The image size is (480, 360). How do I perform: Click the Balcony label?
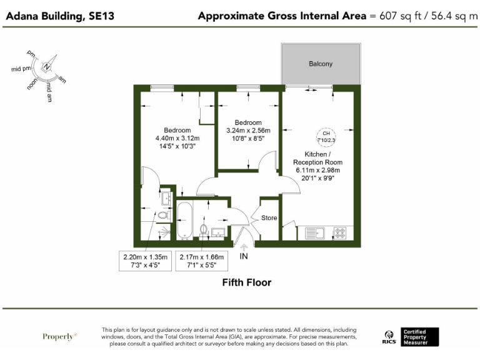321,64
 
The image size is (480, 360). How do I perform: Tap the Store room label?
269,218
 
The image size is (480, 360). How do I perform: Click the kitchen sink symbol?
313,233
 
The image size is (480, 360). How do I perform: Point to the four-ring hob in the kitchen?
341,233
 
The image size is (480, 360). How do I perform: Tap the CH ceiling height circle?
326,136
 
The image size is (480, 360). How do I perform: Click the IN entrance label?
244,256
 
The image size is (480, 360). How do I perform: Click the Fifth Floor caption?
247,282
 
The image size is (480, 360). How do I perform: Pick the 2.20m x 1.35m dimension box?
146,261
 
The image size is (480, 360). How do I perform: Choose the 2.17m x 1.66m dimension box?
202,261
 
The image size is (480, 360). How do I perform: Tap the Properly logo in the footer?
60,336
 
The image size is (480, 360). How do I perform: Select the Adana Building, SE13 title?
60,16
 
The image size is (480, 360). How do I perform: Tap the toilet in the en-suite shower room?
164,216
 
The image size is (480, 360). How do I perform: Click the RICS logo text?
388,341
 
